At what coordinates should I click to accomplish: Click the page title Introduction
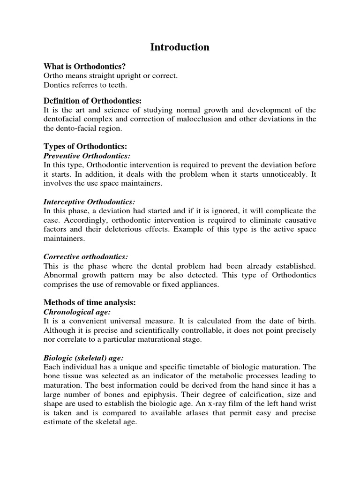point(180,47)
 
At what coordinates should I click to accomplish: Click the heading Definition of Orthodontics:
point(92,101)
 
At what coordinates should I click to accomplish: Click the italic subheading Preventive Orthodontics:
point(87,155)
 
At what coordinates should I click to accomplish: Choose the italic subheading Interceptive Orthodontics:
point(89,202)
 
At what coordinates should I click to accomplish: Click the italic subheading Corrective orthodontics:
point(86,256)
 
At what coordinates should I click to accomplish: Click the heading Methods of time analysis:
point(90,302)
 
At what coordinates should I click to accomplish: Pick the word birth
point(305,321)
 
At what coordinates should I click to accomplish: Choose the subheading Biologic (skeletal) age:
point(83,358)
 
